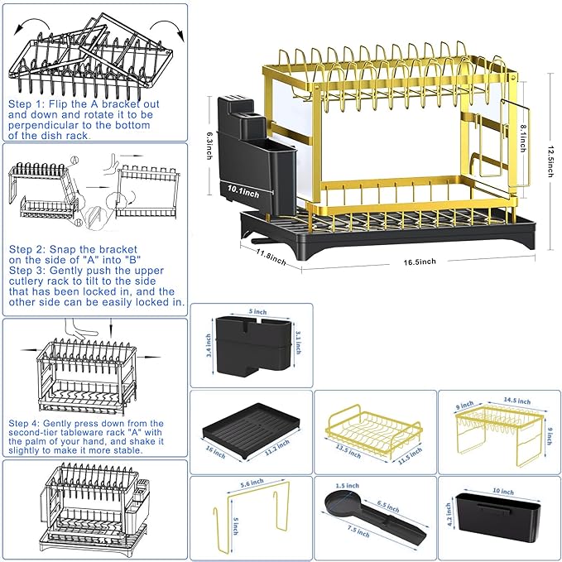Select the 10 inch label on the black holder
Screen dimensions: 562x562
click(x=502, y=492)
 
